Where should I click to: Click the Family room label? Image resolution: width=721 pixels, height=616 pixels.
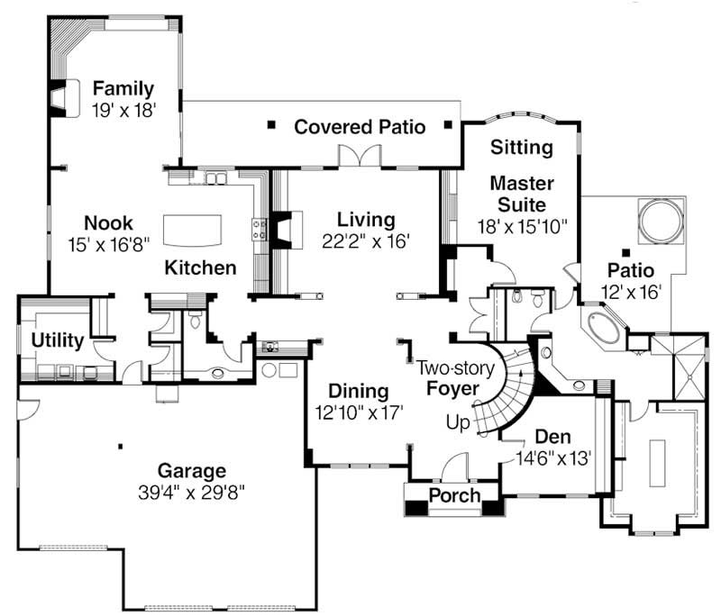123,89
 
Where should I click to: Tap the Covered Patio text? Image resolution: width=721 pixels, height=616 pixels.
360,127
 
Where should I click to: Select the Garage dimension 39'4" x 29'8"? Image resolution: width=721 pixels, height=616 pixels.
191,492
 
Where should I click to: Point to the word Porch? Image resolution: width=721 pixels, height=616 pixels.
453,496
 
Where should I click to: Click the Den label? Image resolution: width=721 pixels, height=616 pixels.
553,437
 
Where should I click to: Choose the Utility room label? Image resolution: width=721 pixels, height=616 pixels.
57,340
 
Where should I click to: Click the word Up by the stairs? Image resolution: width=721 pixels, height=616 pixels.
458,421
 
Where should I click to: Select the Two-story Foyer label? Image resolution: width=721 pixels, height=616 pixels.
451,378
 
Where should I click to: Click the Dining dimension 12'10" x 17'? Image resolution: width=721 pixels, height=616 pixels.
358,412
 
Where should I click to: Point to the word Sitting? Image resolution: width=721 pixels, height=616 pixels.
522,147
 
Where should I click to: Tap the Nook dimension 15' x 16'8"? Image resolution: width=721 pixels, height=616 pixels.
108,243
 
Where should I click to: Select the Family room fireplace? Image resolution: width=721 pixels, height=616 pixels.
59,99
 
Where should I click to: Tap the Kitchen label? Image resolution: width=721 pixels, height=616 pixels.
200,267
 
